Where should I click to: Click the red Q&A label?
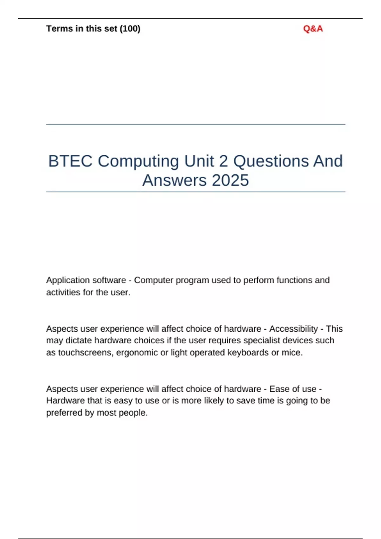(313, 29)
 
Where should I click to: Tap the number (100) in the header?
(130, 29)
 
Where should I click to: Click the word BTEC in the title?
(70, 161)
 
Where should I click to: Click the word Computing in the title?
(138, 161)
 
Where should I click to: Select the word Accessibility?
(293, 329)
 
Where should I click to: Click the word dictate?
(78, 341)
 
